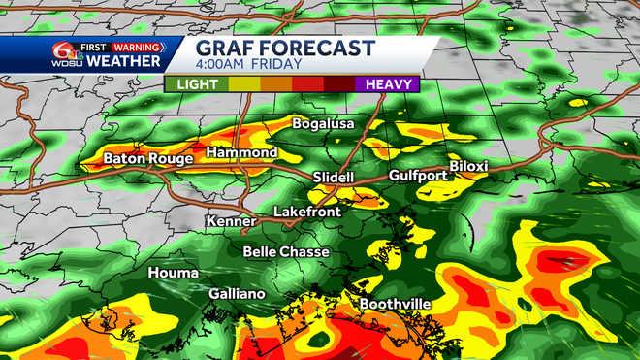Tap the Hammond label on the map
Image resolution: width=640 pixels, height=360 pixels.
[242, 153]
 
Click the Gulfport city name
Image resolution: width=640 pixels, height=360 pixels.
[417, 175]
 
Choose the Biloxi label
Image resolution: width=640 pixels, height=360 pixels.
[468, 166]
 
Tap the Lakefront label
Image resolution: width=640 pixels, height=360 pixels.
[305, 211]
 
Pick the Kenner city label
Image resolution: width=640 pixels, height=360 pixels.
[231, 221]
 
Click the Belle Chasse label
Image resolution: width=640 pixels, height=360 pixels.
[286, 252]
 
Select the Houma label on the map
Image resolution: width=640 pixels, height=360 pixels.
[173, 273]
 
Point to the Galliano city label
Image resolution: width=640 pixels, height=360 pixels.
[237, 293]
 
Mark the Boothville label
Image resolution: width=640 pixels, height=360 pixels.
[396, 304]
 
